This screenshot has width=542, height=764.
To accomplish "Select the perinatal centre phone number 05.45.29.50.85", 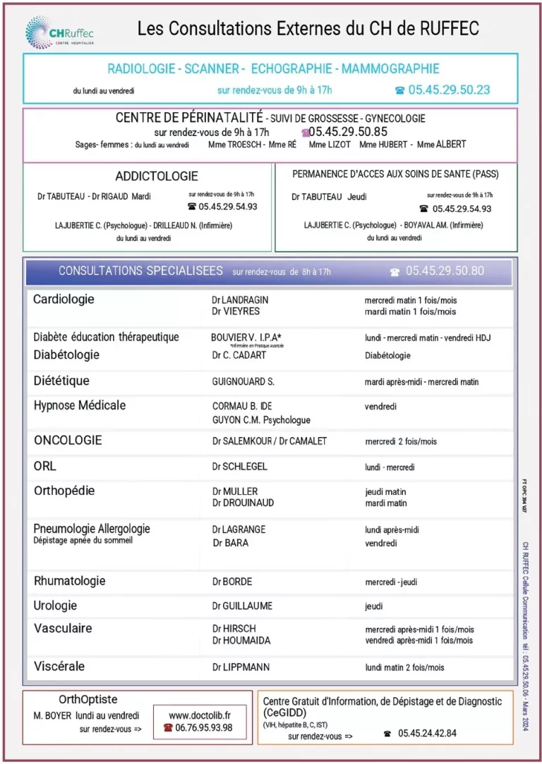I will (x=348, y=132).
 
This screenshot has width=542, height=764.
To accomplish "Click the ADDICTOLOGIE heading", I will (x=157, y=176).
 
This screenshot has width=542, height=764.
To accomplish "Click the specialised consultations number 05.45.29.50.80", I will (x=445, y=271).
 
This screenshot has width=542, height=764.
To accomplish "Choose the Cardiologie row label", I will (x=64, y=300).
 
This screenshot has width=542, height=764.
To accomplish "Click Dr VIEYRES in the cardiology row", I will (x=236, y=312).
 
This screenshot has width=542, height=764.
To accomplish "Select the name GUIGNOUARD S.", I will (x=243, y=382).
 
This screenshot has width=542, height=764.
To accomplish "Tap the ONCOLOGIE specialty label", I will (x=68, y=440).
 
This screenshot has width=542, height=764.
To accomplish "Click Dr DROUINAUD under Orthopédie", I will (x=243, y=503).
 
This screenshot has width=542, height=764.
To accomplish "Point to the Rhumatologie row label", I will (x=70, y=581).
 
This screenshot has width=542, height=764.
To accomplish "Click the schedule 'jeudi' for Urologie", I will (x=374, y=606).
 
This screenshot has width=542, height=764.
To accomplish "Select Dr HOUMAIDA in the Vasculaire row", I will (x=242, y=641).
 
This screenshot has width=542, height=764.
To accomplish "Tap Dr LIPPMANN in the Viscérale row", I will (x=241, y=667).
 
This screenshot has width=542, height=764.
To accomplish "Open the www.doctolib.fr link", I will (x=200, y=715).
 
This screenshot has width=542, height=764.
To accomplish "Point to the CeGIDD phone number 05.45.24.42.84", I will (x=426, y=733).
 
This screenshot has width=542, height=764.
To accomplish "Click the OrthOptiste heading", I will (x=88, y=700).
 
